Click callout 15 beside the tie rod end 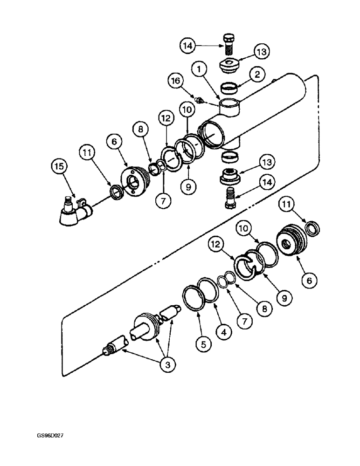pyautogui.click(x=61, y=167)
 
